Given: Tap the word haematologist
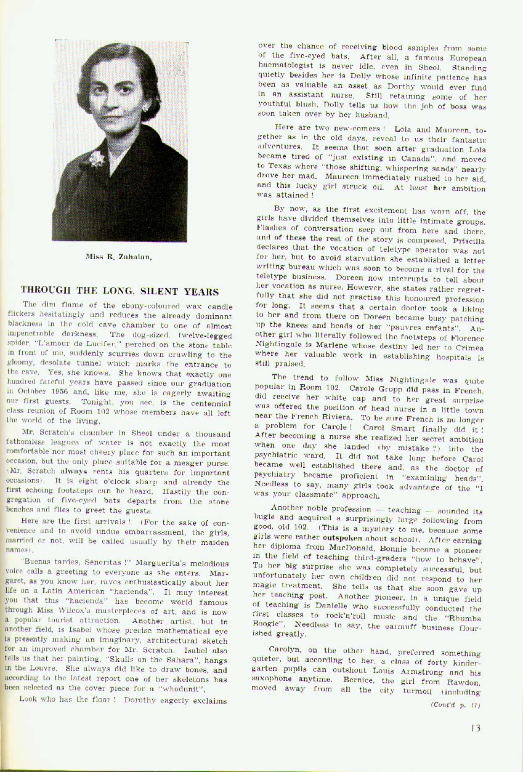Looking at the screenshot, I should (x=288, y=66).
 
